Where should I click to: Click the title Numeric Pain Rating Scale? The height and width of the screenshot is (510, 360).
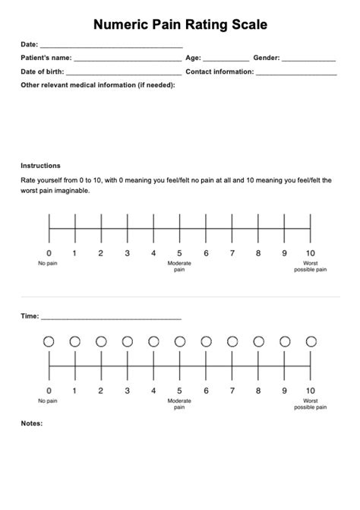(x=180, y=25)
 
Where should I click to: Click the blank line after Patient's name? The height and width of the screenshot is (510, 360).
(x=128, y=59)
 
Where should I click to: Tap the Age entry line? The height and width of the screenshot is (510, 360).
(x=226, y=59)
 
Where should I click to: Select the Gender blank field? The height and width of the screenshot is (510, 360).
(x=308, y=59)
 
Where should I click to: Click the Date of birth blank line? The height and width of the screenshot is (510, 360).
(x=124, y=74)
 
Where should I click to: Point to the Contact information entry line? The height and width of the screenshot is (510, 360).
(x=296, y=74)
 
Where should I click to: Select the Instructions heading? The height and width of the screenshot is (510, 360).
(x=40, y=165)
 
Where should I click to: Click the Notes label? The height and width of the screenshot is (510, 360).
(x=32, y=423)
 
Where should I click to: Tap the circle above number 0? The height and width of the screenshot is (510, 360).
(x=49, y=342)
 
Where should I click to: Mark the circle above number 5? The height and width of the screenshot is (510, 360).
(x=180, y=342)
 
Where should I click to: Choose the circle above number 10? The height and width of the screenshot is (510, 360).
(x=311, y=342)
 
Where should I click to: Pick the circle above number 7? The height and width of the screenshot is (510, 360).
(x=232, y=342)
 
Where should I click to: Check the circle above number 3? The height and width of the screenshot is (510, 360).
(x=128, y=342)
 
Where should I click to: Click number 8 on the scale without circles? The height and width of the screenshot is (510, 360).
(x=258, y=253)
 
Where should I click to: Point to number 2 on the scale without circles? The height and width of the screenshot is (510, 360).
(x=101, y=253)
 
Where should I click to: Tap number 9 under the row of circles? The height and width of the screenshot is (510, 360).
(x=284, y=391)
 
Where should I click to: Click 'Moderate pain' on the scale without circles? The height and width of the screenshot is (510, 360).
(x=180, y=266)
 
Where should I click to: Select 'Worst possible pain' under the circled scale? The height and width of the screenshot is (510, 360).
(x=311, y=404)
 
